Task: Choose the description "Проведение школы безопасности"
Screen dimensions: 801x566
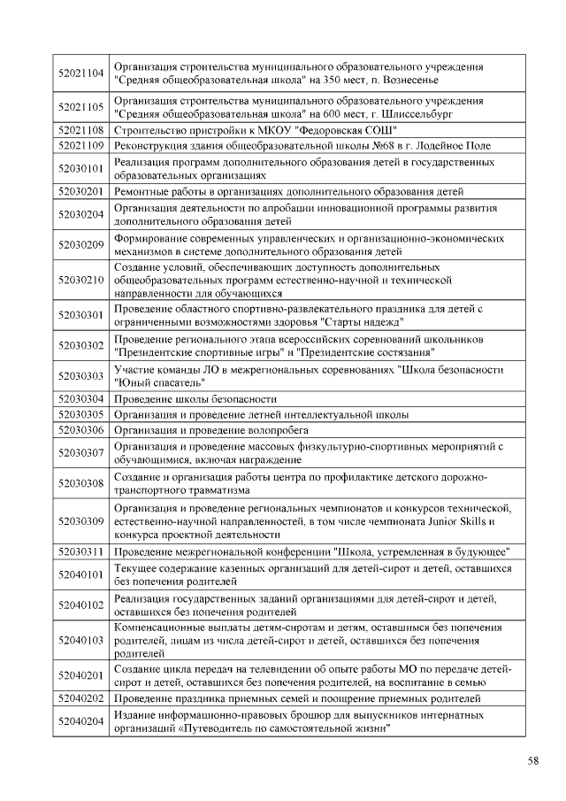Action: point(195,399)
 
